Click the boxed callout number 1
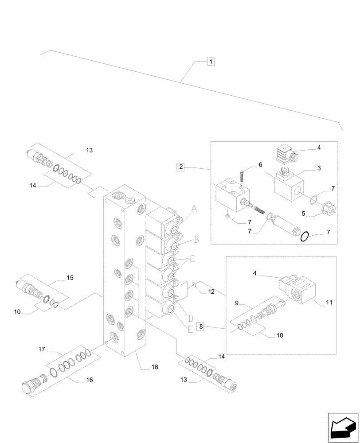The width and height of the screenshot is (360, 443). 211,62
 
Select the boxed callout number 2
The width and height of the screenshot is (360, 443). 180,167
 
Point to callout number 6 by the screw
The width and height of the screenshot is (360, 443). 261,164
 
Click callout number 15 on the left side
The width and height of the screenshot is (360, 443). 70,278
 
